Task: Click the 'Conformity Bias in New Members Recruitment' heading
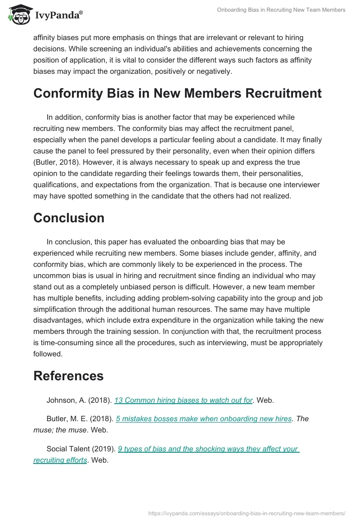(177, 93)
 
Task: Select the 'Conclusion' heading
(69, 218)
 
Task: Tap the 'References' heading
(68, 376)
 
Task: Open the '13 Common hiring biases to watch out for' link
(183, 400)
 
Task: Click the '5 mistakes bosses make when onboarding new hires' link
(203, 418)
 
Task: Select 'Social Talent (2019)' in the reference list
(81, 449)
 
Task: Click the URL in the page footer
(247, 513)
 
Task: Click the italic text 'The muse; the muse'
(58, 430)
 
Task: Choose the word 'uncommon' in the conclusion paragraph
(51, 276)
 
